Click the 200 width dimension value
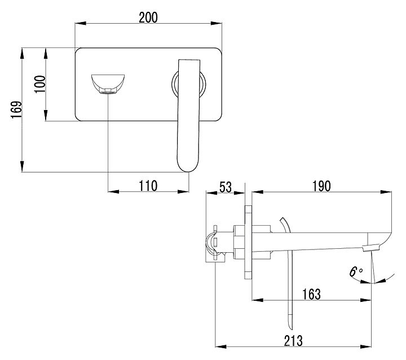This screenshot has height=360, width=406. pos(148,17)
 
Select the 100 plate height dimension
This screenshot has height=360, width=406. pos(39,85)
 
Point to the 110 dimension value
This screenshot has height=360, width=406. pos(147,185)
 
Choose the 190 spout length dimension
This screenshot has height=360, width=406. pos(320,186)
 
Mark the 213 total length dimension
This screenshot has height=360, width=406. pos(293,340)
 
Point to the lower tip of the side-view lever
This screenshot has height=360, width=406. pos(290,326)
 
